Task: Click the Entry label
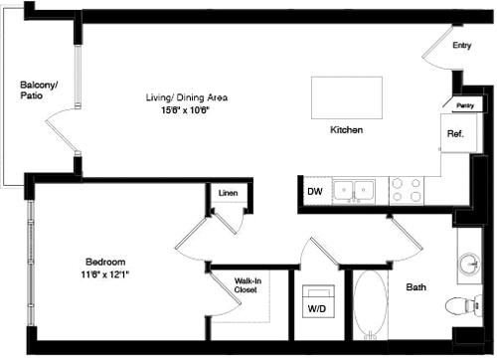click(461, 46)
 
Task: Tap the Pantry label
click(463, 104)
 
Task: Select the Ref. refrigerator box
click(455, 133)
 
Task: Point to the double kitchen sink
click(352, 189)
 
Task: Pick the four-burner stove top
click(405, 189)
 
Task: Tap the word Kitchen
click(346, 130)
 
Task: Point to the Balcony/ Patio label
click(40, 90)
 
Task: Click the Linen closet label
click(228, 192)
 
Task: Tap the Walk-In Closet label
click(248, 285)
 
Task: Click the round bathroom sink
click(468, 264)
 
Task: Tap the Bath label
click(418, 288)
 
